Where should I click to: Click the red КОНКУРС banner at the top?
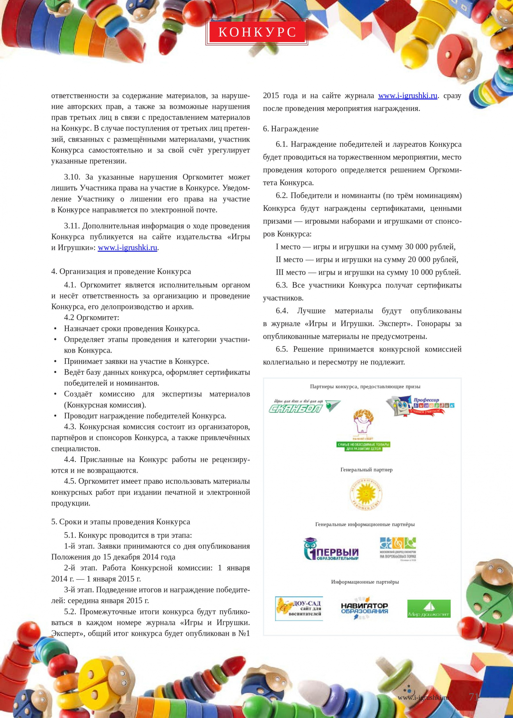pos(256,32)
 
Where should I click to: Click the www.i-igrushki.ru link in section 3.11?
pos(127,247)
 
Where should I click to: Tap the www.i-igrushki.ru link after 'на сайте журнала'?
pos(408,95)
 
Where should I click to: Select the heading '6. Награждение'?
pos(291,129)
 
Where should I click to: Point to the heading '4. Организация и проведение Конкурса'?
pos(121,271)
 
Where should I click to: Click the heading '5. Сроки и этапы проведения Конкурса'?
pos(121,522)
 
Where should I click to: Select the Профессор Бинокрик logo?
pos(420,406)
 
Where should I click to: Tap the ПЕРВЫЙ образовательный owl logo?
pos(330,550)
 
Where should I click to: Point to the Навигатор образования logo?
pos(364,608)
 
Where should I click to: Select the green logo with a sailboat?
pos(429,608)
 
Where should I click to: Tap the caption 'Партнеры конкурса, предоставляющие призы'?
pos(365,387)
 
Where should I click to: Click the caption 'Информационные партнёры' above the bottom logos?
pos(365,582)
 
